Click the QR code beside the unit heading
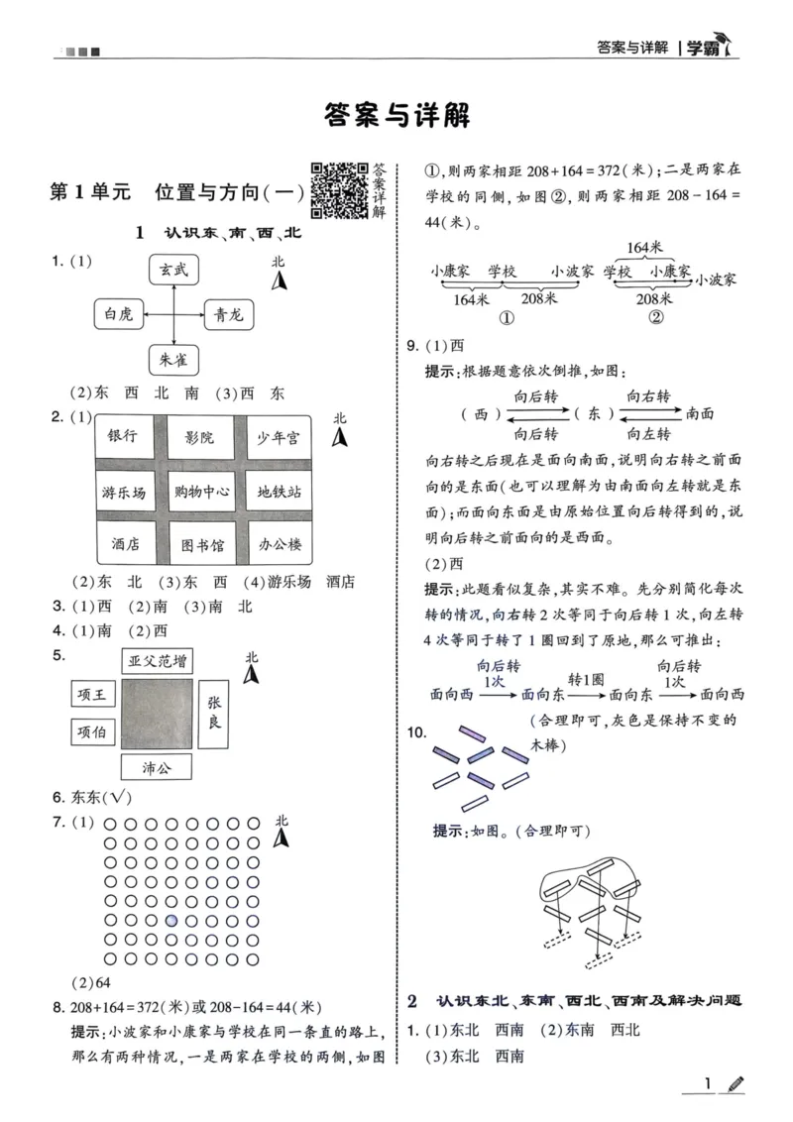[x=339, y=188]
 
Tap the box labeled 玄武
[x=174, y=270]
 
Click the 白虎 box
[x=118, y=315]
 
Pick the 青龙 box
[x=229, y=315]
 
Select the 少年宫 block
[x=279, y=436]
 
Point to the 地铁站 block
[x=279, y=491]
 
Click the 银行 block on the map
[x=123, y=436]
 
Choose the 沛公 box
[x=156, y=766]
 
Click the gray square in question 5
[x=156, y=714]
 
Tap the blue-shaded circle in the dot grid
[x=172, y=920]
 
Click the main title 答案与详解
[x=396, y=115]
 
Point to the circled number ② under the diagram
[x=655, y=318]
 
